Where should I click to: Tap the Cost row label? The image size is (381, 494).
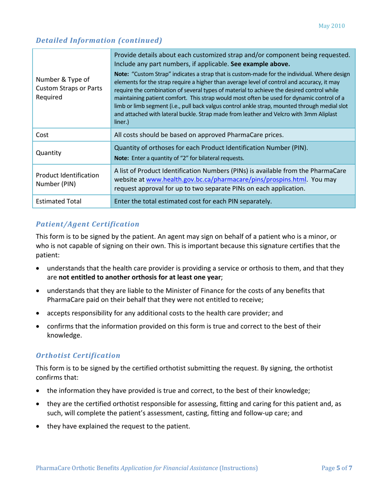(x=42, y=135)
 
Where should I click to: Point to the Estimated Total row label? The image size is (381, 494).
(x=59, y=201)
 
